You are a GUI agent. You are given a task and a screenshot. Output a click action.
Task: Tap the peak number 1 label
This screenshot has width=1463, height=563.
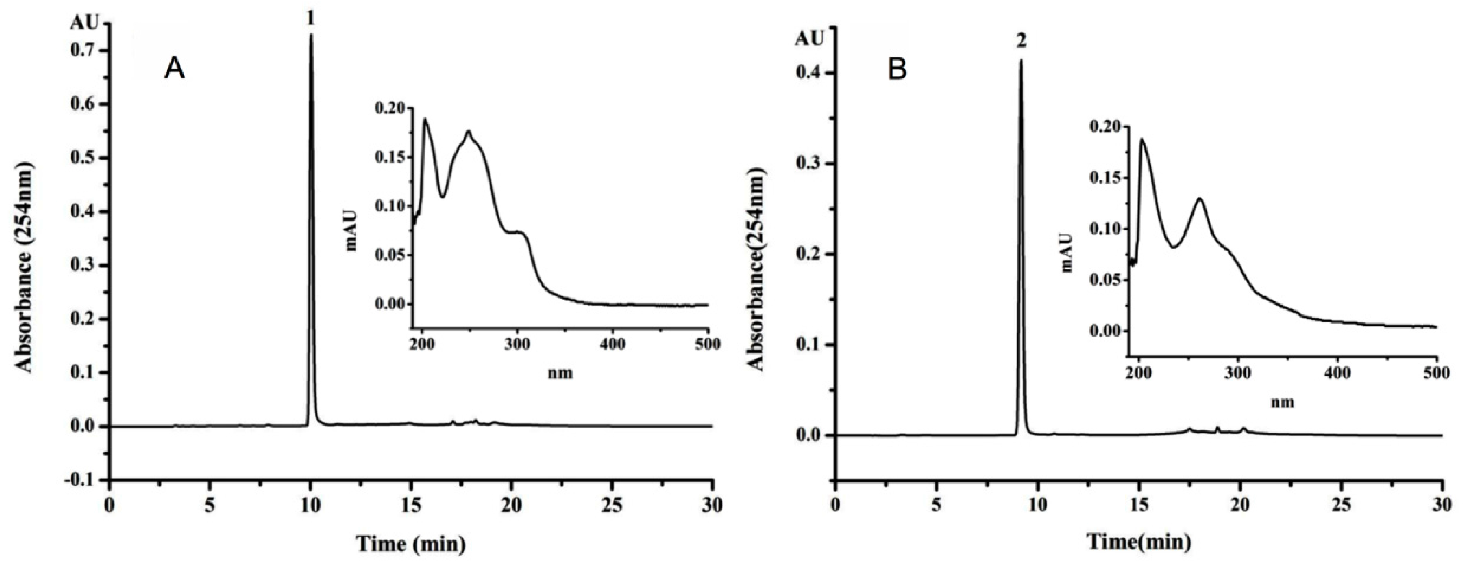pyautogui.click(x=310, y=19)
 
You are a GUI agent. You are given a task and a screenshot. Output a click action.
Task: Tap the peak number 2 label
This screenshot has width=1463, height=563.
pyautogui.click(x=1021, y=41)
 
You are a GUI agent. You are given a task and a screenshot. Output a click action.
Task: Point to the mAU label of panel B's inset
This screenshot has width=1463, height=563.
pyautogui.click(x=1066, y=252)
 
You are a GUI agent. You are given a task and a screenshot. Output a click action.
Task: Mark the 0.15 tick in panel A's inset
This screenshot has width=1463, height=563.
pyautogui.click(x=390, y=157)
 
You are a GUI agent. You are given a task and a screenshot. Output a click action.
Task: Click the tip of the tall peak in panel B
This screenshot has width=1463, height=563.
pyautogui.click(x=1020, y=60)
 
